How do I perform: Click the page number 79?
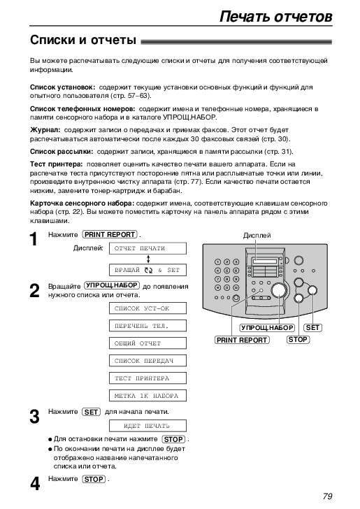[x=328, y=496]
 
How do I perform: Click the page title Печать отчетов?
[x=276, y=16]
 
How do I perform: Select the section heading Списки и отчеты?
[x=83, y=40]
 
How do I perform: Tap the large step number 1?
[x=34, y=240]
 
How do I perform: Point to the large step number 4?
[x=35, y=484]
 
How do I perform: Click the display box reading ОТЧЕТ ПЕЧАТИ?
[x=147, y=248]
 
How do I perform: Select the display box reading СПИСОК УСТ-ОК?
[x=147, y=308]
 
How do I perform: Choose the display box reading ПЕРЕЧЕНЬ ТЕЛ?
[x=147, y=326]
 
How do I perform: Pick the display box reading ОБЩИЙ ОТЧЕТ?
[x=147, y=343]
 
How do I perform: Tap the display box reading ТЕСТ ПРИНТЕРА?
[x=147, y=378]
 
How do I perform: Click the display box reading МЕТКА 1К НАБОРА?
[x=147, y=396]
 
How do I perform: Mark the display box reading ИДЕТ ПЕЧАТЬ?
[x=147, y=426]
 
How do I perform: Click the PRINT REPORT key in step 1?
[x=110, y=234]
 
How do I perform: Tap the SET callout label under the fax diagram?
[x=312, y=328]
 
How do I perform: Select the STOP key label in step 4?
[x=94, y=479]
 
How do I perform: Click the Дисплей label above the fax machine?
[x=257, y=236]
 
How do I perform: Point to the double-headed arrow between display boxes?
[x=148, y=259]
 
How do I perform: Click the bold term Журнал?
[x=45, y=130]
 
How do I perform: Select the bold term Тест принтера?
[x=57, y=164]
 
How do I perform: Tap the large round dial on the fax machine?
[x=279, y=290]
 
